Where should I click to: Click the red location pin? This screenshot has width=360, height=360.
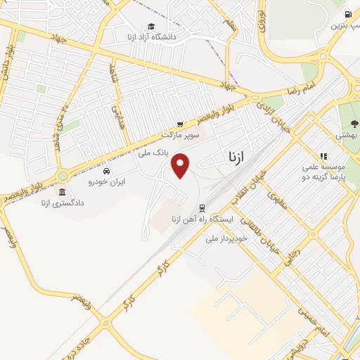tap(181, 166)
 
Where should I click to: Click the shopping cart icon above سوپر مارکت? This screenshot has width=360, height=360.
tap(180, 124)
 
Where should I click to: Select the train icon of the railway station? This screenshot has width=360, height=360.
tap(202, 208)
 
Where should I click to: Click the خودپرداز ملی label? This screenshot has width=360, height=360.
tap(224, 239)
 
